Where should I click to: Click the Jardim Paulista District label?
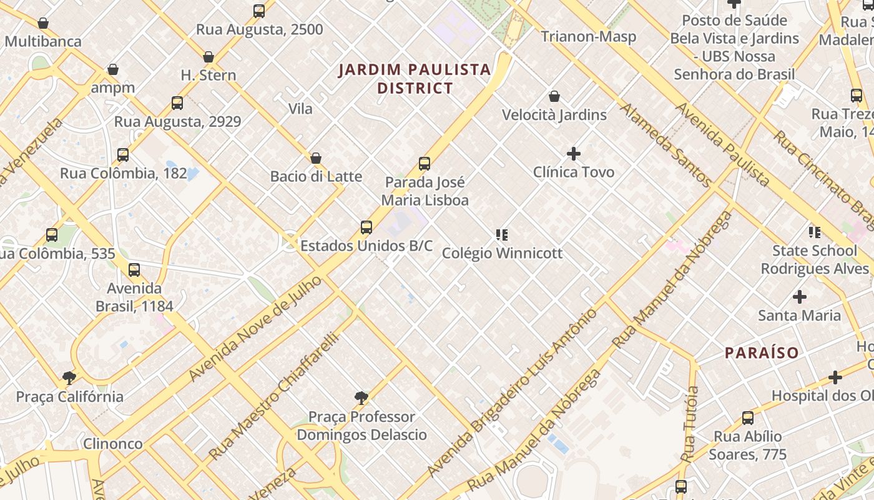coord(415,79)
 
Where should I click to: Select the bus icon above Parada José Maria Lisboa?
coord(425,164)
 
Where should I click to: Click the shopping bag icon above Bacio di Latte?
coord(316,158)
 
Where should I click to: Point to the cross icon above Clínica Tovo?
coord(573,153)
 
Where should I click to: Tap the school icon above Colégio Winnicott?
coord(502,235)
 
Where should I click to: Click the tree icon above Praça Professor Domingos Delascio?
coord(361,397)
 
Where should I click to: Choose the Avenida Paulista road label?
coord(722,144)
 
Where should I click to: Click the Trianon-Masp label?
coord(588,36)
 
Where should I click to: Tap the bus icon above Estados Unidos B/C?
coord(366,227)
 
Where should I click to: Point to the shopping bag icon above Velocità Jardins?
coord(554,96)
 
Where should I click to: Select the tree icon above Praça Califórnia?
coord(69,377)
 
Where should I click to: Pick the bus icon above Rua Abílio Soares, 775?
coord(747,417)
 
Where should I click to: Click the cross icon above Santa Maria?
coord(799,296)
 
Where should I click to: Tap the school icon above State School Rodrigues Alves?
coord(815,232)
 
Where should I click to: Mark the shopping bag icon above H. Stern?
coord(209,57)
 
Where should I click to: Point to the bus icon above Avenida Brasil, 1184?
coord(134,270)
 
